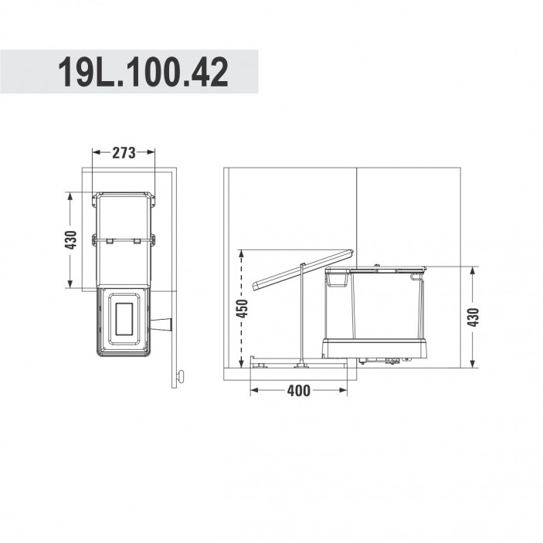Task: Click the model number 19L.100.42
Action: pyautogui.click(x=143, y=72)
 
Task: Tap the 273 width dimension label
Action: pyautogui.click(x=124, y=152)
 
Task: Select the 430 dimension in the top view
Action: pyautogui.click(x=70, y=239)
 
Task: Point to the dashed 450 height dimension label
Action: pyautogui.click(x=241, y=308)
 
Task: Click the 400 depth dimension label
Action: pyautogui.click(x=298, y=391)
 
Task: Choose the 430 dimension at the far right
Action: pyautogui.click(x=473, y=317)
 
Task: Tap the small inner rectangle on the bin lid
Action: pyautogui.click(x=124, y=319)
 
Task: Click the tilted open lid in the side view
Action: pyautogui.click(x=304, y=269)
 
